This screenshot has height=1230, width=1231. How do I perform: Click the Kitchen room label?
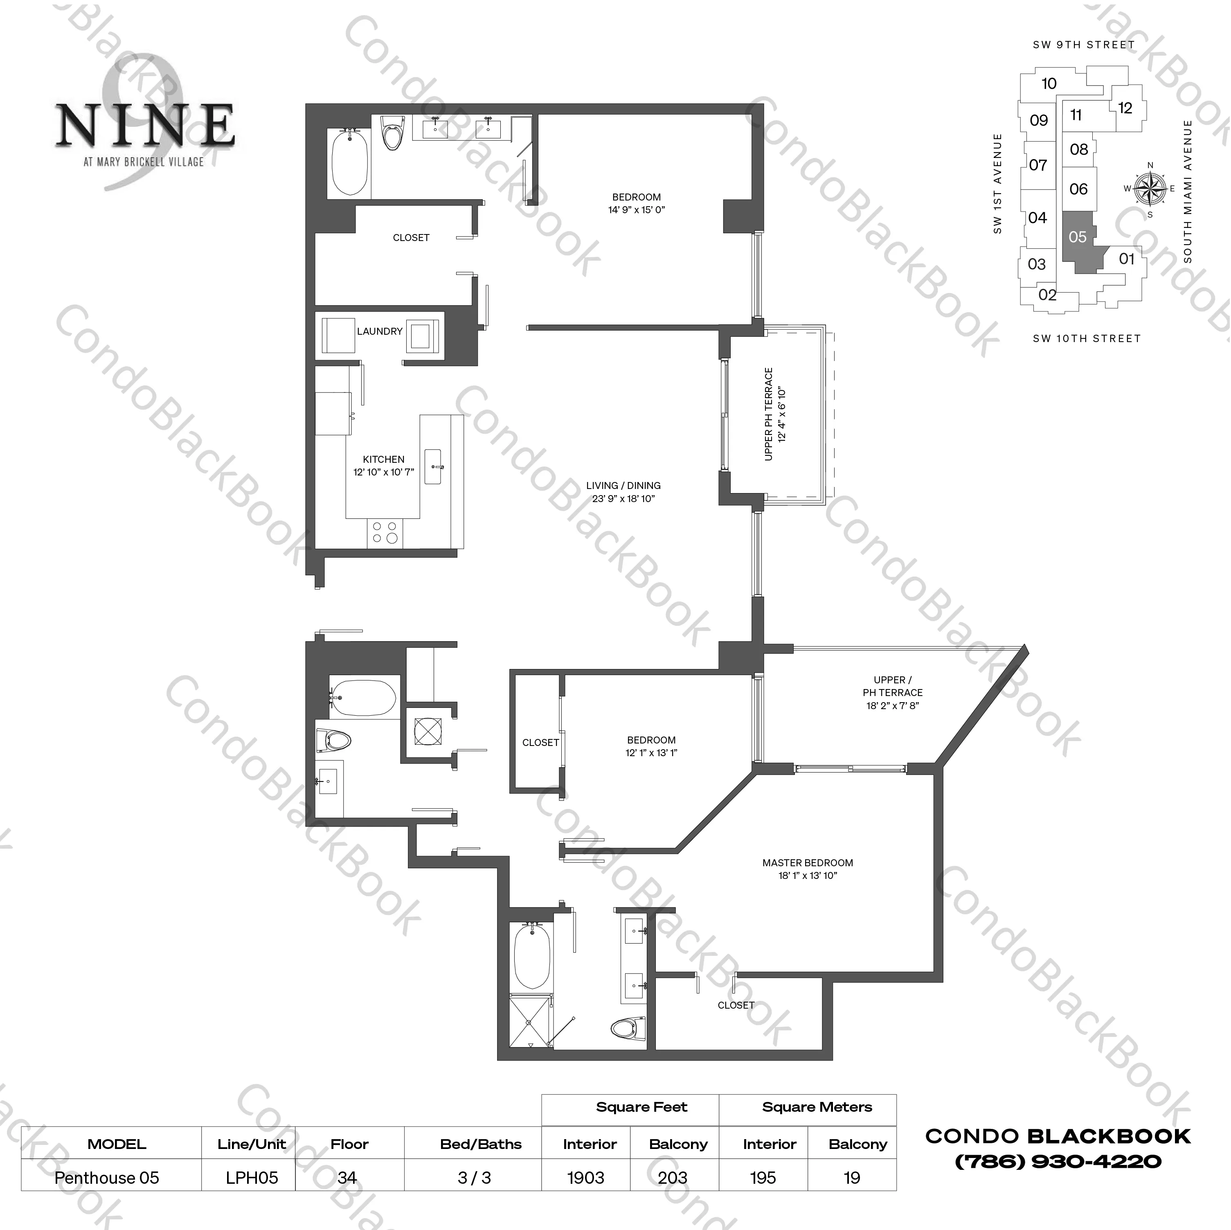pos(384,459)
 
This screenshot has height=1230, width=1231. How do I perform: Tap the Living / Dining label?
pos(623,486)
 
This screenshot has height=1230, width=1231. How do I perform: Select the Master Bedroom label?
pos(807,863)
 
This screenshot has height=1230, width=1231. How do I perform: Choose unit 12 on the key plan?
pos(1125,108)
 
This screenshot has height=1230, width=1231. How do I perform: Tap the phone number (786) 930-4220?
pos(1058,1179)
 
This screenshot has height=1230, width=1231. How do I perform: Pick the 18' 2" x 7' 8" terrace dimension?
pos(892,705)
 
